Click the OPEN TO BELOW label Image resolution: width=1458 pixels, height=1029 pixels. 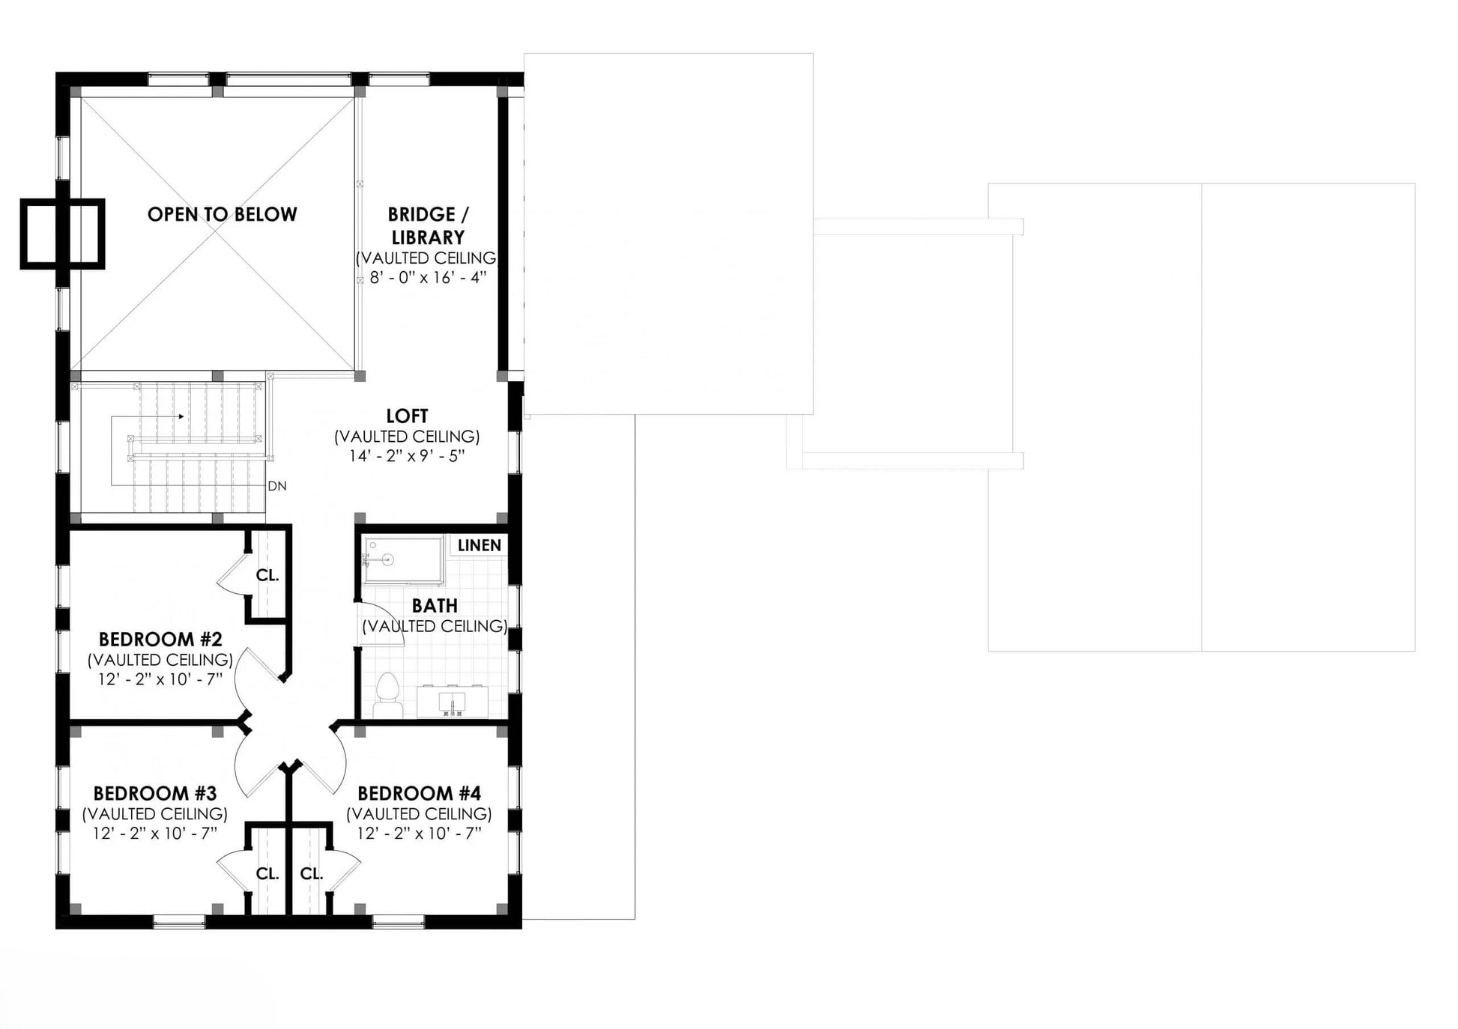(x=223, y=214)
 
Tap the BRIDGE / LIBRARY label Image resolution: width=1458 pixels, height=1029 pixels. (x=428, y=225)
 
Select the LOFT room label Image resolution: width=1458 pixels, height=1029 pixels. (x=407, y=416)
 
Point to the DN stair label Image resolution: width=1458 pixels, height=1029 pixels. (x=277, y=486)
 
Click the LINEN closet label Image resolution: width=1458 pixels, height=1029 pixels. (x=480, y=545)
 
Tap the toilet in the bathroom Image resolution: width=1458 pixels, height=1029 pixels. (x=387, y=696)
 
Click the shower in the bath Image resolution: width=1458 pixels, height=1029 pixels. (x=402, y=559)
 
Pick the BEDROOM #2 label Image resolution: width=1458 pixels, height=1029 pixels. (x=160, y=640)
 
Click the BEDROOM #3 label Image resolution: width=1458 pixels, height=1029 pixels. (x=155, y=793)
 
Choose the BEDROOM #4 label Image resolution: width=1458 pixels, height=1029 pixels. (x=419, y=793)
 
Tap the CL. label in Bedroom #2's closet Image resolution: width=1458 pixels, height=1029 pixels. (x=267, y=575)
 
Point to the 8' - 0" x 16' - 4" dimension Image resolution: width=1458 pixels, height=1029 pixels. (x=428, y=278)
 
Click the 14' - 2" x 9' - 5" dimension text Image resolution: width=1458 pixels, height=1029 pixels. (x=407, y=455)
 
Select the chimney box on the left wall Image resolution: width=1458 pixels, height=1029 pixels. (x=62, y=234)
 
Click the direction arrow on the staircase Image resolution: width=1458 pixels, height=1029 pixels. (x=147, y=416)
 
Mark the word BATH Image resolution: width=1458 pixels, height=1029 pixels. (x=435, y=605)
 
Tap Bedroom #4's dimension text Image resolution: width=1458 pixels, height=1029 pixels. (x=419, y=834)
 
